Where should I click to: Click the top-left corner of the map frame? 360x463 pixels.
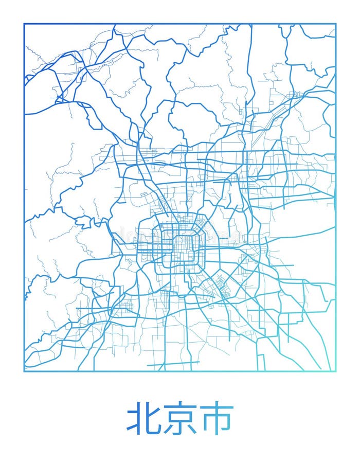tap(24, 24)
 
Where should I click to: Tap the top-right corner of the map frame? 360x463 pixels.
tap(336, 24)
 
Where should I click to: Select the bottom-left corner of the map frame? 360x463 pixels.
tap(24, 371)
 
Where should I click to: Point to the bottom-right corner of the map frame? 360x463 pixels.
tap(336, 371)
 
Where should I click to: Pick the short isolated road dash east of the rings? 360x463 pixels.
tap(223, 239)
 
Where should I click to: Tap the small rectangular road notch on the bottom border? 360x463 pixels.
tap(261, 363)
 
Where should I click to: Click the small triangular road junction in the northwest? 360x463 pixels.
tap(60, 98)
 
